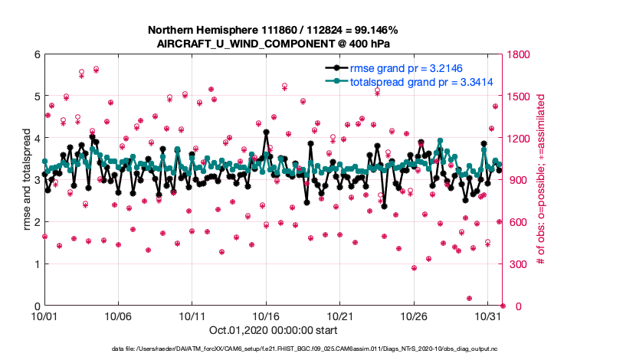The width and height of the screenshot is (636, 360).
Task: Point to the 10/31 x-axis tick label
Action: coord(488,316)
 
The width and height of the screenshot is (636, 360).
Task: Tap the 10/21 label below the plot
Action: coord(340,316)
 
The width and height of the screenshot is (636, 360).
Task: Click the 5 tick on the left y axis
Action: coord(35,97)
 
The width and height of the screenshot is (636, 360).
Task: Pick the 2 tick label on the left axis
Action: coord(35,222)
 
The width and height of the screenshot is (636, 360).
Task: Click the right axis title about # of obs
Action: coord(540,180)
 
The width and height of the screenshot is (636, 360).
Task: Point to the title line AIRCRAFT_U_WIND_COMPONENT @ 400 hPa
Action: coord(273,43)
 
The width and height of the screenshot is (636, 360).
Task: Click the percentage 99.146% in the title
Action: coord(375,30)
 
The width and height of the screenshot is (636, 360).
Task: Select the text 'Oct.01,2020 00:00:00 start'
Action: coord(273,330)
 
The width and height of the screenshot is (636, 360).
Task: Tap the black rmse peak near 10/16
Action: coord(266,132)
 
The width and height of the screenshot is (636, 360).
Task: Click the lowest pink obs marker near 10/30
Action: coord(469,299)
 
